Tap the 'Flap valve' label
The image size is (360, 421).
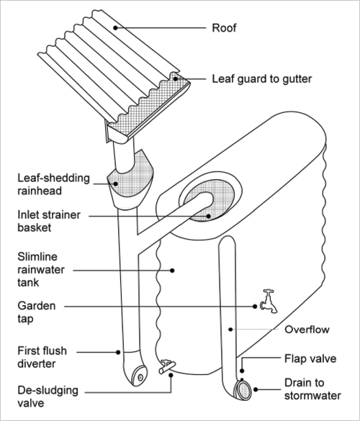click(310, 358)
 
